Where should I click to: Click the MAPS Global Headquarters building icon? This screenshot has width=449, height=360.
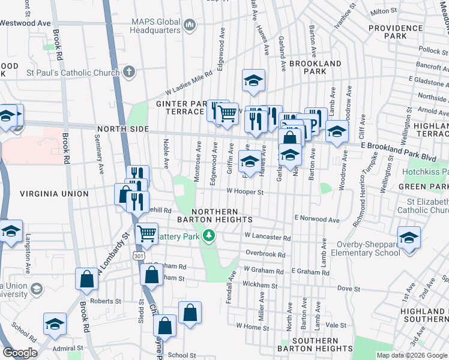[x=190, y=25]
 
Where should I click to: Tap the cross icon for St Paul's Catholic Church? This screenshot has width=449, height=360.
[x=128, y=73]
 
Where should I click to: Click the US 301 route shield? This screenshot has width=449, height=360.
[x=139, y=256]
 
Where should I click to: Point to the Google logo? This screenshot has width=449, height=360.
[x=20, y=353]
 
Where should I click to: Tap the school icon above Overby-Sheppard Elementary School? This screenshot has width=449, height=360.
[x=409, y=237]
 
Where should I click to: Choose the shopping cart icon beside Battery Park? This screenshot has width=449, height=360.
[x=147, y=234]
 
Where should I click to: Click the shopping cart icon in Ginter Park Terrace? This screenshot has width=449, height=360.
[x=227, y=113]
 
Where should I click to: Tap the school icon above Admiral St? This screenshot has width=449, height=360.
[x=55, y=323]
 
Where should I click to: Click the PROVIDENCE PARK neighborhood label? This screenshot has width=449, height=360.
[x=396, y=32]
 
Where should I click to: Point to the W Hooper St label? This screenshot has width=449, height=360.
[x=245, y=192]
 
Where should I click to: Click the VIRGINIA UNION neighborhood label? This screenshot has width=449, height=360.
[x=54, y=194]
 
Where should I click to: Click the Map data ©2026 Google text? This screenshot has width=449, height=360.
[x=411, y=355]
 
